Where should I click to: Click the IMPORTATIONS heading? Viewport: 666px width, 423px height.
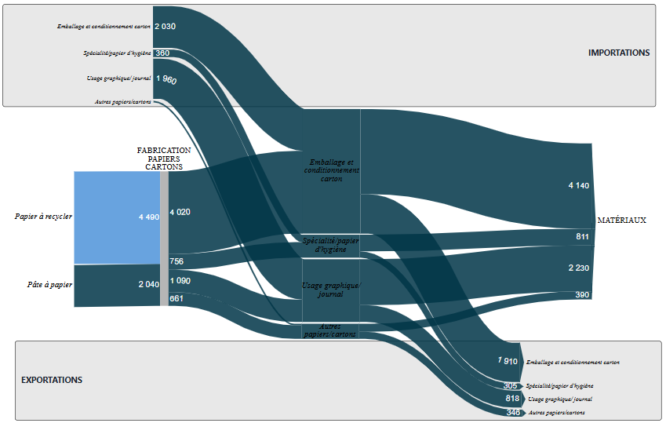(619, 53)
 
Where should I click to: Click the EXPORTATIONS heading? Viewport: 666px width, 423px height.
(52, 380)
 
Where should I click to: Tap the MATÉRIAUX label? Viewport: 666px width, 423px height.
(621, 221)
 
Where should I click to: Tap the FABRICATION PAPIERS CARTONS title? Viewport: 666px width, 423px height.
(164, 158)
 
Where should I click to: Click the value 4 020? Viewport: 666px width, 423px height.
(180, 212)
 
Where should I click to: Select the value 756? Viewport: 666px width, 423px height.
(177, 261)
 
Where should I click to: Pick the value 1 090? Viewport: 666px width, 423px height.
(180, 280)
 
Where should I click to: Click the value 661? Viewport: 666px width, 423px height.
(177, 298)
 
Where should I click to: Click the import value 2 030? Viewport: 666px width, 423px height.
(165, 27)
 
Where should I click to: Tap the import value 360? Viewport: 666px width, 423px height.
(162, 53)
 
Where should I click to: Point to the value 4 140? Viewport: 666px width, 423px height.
(579, 186)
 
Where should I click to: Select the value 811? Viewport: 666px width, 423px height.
(582, 237)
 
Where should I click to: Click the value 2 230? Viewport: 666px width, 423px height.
(579, 268)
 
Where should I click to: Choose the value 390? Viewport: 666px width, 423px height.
(582, 294)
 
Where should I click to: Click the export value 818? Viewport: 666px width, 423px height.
(512, 399)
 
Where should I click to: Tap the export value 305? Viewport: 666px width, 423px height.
(511, 386)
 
